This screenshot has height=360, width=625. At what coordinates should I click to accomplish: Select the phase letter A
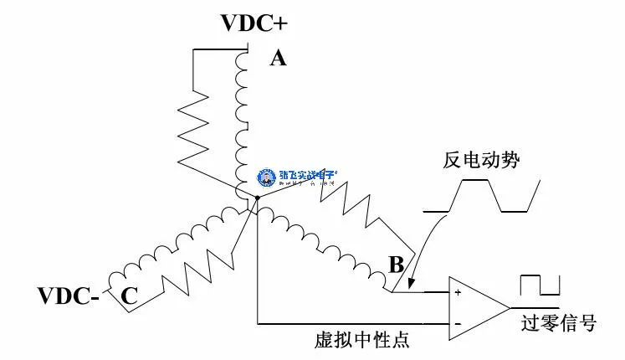(x=278, y=59)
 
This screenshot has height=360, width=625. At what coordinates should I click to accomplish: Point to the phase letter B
(x=396, y=265)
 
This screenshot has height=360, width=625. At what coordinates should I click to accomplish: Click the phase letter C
(x=129, y=295)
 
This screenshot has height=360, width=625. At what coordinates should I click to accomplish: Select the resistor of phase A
(x=197, y=126)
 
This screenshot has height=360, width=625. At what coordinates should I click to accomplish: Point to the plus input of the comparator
(x=458, y=293)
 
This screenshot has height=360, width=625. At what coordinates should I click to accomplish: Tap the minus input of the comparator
(x=458, y=322)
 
